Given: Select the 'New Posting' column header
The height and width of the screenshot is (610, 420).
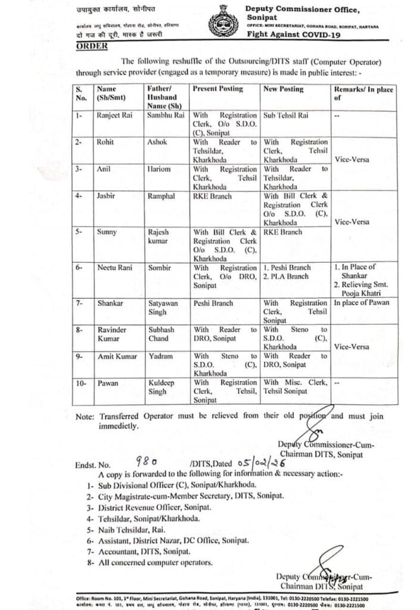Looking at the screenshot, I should click(284, 89).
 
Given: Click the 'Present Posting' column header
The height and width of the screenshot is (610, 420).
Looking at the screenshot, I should click(218, 89).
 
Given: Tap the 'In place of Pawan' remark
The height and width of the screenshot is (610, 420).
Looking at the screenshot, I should click(361, 303).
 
